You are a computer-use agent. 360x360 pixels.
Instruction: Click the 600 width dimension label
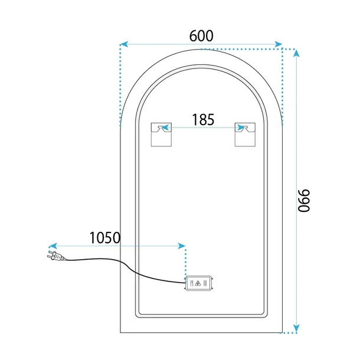pyautogui.click(x=201, y=36)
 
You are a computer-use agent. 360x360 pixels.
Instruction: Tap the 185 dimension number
pyautogui.click(x=203, y=120)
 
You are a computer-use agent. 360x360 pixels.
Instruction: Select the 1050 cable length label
pyautogui.click(x=105, y=238)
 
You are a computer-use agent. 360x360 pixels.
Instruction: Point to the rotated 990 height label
pyautogui.click(x=304, y=201)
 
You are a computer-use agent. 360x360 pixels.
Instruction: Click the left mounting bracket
pyautogui.click(x=161, y=135)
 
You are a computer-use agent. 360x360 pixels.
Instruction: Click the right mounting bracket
pyautogui.click(x=245, y=135)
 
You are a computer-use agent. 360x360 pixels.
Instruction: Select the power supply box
pyautogui.click(x=199, y=283)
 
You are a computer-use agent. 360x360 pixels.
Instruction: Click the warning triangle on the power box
pyautogui.click(x=198, y=283)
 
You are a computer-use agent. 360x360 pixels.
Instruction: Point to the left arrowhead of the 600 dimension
pyautogui.click(x=124, y=44)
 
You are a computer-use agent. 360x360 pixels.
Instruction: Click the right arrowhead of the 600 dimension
pyautogui.click(x=278, y=44)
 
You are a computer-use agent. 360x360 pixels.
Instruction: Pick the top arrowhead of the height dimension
pyautogui.click(x=296, y=54)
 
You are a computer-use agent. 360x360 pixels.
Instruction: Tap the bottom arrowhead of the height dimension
pyautogui.click(x=296, y=328)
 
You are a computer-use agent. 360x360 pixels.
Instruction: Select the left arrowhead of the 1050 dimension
pyautogui.click(x=53, y=246)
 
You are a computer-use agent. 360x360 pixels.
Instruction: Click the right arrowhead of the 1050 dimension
pyautogui.click(x=182, y=246)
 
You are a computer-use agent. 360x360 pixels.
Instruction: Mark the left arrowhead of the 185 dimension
pyautogui.click(x=166, y=127)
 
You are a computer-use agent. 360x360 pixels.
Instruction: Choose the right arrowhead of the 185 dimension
pyautogui.click(x=241, y=127)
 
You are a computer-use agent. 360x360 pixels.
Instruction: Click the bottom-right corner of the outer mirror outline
pyautogui.click(x=282, y=332)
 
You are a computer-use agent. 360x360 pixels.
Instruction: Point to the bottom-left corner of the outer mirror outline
pyautogui.click(x=120, y=332)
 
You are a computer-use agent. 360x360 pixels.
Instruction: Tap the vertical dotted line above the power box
pyautogui.click(x=185, y=262)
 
